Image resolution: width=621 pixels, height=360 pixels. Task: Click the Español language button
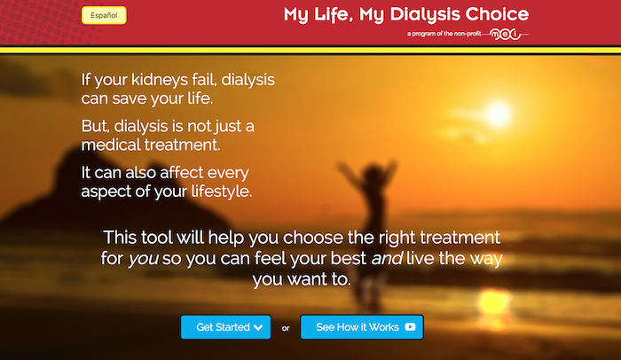click(x=104, y=15)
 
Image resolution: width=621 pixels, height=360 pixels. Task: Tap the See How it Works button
click(x=362, y=327)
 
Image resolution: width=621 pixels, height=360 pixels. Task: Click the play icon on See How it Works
click(x=410, y=326)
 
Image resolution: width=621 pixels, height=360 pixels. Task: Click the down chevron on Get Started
click(x=258, y=327)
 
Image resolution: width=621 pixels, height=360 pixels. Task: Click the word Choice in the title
click(x=497, y=14)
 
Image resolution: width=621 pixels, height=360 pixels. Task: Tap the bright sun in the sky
click(x=498, y=113)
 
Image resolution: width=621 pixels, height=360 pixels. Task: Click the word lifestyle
click(x=222, y=192)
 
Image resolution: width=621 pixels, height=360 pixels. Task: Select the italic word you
click(x=143, y=259)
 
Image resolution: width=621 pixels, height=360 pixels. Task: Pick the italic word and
click(x=387, y=258)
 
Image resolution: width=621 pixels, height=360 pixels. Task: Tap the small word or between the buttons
click(x=286, y=328)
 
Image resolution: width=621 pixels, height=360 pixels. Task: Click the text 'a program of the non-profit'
click(x=444, y=34)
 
